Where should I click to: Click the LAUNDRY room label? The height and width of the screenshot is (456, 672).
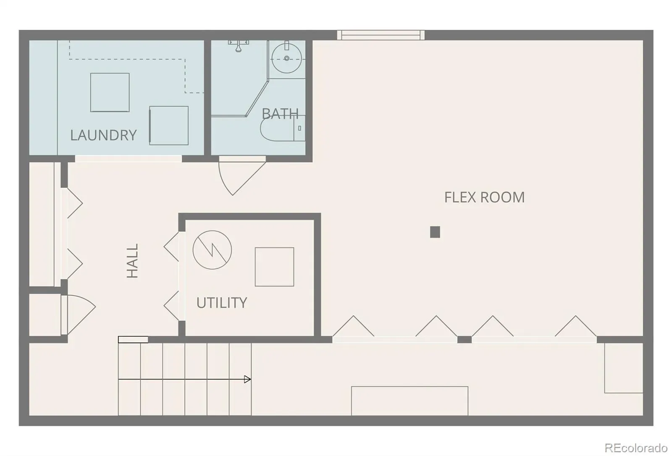pos(103,135)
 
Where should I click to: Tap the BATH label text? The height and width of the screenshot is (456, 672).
pos(280,114)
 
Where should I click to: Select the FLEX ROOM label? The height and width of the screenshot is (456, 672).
pos(485,197)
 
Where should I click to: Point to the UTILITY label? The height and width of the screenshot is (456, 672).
pos(222,303)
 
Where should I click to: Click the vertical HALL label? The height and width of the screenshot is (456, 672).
pos(132,261)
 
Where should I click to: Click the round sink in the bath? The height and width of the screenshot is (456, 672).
pos(286,58)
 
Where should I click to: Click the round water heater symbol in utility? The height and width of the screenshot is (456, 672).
pos(212,250)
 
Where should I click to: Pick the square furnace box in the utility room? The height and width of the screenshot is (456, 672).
pos(275,267)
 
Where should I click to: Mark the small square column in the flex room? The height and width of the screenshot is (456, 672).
pos(435,232)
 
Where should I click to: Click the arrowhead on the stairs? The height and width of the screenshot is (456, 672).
pos(247,380)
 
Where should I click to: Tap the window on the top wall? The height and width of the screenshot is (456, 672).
pos(381,35)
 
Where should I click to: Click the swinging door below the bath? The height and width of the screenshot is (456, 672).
pos(242,176)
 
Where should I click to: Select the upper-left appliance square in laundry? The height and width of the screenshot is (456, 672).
pos(110,92)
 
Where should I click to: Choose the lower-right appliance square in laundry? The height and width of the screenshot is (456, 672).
pos(169,126)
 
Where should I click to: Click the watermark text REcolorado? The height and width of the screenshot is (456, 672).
pos(636,448)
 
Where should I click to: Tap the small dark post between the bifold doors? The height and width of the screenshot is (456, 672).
pos(465,340)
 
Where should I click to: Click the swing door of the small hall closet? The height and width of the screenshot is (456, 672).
pos(79,314)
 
